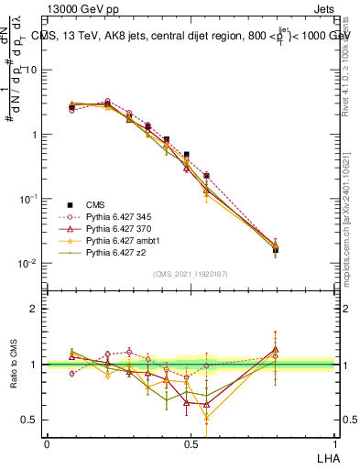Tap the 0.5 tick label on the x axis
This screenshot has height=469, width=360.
tap(191, 443)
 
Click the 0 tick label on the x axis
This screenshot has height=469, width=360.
tap(47, 443)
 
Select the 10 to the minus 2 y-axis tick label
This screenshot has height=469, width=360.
tap(28, 263)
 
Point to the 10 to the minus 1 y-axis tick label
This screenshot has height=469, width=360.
tap(28, 199)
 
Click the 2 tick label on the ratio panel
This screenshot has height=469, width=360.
tap(34, 309)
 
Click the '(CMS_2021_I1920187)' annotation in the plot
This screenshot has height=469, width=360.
tap(191, 273)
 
